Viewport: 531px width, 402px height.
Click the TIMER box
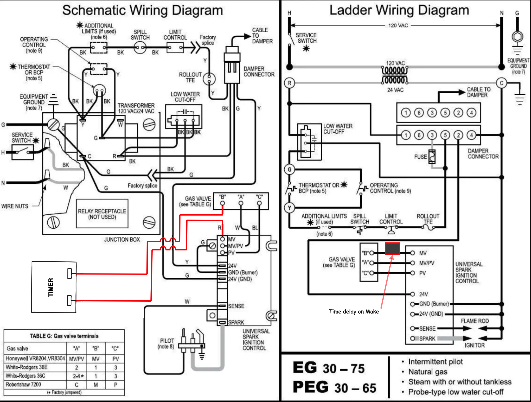pyautogui.click(x=54, y=287)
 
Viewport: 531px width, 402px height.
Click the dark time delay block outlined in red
pyautogui.click(x=392, y=249)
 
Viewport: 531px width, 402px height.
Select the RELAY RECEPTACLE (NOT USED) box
pyautogui.click(x=102, y=214)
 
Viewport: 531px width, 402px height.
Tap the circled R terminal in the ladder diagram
pyautogui.click(x=289, y=83)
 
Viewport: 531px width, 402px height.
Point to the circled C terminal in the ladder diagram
pyautogui.click(x=501, y=83)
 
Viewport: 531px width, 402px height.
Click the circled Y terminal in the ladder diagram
pyautogui.click(x=289, y=208)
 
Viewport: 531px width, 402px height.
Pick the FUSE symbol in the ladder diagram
pyautogui.click(x=432, y=157)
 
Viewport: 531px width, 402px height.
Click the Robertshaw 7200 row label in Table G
pyautogui.click(x=23, y=384)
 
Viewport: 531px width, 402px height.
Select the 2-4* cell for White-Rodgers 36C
pyautogui.click(x=77, y=376)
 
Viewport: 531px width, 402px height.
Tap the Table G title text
pyautogui.click(x=64, y=336)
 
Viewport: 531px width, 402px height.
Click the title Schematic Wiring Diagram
pyautogui.click(x=142, y=11)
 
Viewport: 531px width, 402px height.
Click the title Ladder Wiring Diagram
pyautogui.click(x=399, y=11)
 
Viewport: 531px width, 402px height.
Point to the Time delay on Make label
pyautogui.click(x=354, y=312)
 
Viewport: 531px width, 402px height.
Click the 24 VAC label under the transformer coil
pyautogui.click(x=395, y=90)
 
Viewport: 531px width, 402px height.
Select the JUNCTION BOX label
pyautogui.click(x=122, y=240)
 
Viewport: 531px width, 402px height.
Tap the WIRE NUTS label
pyautogui.click(x=15, y=206)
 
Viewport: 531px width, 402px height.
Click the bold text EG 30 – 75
pyautogui.click(x=329, y=368)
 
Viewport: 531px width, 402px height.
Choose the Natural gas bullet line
pyautogui.click(x=428, y=372)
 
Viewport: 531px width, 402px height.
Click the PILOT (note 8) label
pyautogui.click(x=166, y=344)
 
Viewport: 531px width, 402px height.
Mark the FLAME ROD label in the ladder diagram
pyautogui.click(x=475, y=321)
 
